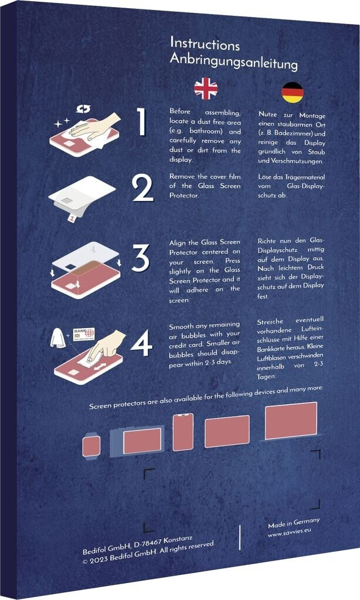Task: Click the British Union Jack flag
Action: [x=206, y=89]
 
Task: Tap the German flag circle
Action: [x=293, y=93]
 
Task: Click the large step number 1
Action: [x=142, y=122]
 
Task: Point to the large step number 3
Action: [x=140, y=258]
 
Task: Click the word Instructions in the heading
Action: [x=205, y=44]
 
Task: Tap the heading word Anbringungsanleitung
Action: [x=233, y=61]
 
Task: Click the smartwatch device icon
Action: [x=91, y=446]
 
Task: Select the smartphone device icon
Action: [x=183, y=432]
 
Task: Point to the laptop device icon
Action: [x=291, y=421]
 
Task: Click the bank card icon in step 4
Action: [x=84, y=333]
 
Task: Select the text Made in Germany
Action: [x=294, y=522]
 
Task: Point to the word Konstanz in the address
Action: [x=178, y=540]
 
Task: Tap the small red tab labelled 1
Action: [x=71, y=218]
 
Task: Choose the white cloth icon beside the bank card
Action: [x=59, y=337]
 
